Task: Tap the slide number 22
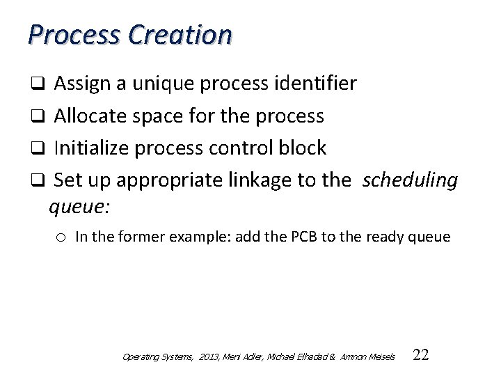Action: pyautogui.click(x=421, y=355)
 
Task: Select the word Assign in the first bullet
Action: pyautogui.click(x=79, y=84)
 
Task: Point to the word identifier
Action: pyautogui.click(x=316, y=84)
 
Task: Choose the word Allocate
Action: pyautogui.click(x=88, y=116)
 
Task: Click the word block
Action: pyautogui.click(x=301, y=148)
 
